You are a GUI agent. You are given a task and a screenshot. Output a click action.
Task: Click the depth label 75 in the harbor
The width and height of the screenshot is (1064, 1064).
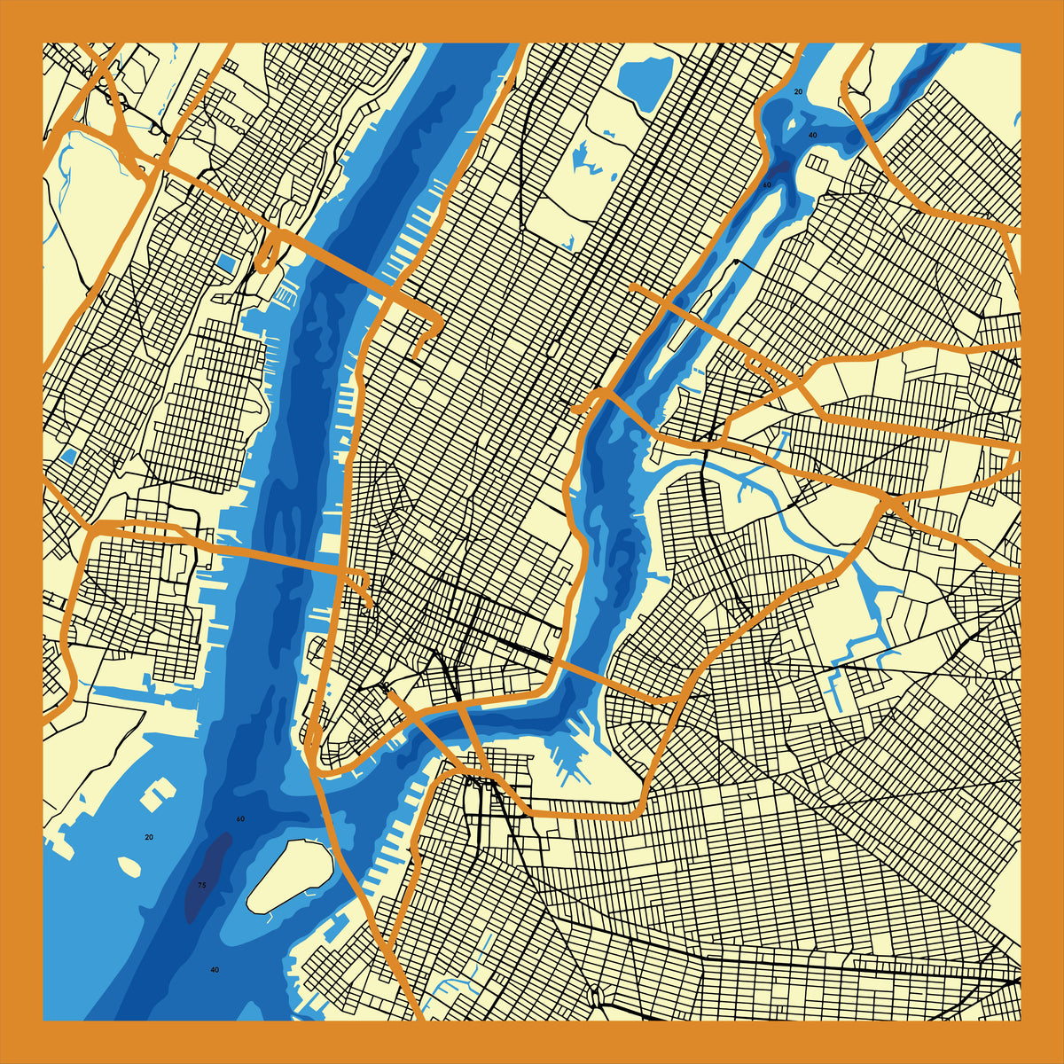(202, 885)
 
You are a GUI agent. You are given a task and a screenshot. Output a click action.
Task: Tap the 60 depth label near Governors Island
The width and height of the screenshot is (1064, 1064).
(240, 818)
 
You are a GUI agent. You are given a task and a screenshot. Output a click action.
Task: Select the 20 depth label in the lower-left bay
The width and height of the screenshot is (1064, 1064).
(149, 837)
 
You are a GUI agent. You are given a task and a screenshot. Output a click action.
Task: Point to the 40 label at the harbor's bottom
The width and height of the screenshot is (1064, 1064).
(215, 970)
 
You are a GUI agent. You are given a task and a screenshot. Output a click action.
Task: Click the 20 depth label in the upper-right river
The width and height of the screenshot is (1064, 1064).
(798, 91)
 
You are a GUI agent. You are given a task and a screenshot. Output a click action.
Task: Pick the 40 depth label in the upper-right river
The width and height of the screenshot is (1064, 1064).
(812, 135)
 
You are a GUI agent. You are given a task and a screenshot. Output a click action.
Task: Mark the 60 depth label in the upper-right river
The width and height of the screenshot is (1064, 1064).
(767, 184)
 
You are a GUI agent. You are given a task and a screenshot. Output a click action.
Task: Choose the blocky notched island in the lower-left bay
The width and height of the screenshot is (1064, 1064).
(158, 794)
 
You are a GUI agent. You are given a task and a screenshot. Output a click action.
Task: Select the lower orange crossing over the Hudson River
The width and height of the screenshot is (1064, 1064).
(266, 554)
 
